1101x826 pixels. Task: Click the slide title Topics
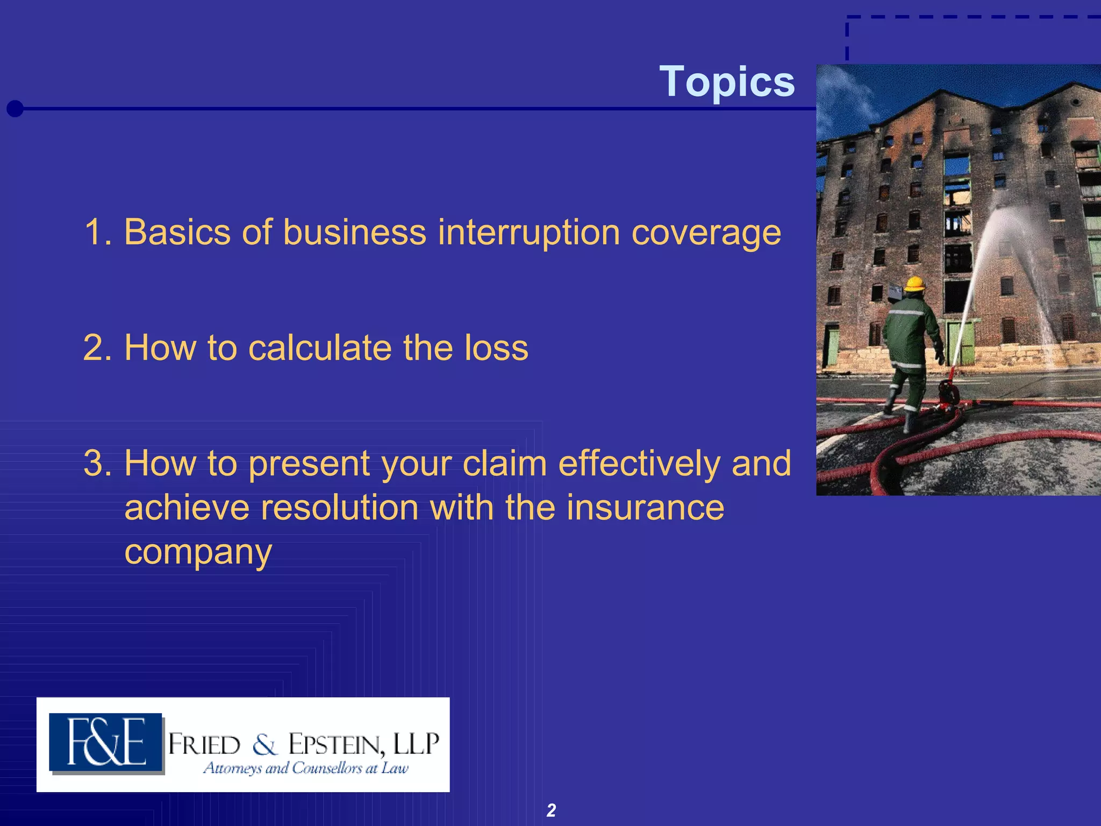tap(727, 82)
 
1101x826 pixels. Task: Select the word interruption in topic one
tap(528, 232)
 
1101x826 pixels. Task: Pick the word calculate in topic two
tap(320, 348)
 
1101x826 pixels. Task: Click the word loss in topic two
tap(496, 348)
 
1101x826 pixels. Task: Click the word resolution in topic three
tap(339, 508)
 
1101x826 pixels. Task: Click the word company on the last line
tap(198, 553)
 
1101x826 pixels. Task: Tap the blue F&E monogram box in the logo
tap(106, 743)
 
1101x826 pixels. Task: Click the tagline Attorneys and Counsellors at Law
tap(305, 768)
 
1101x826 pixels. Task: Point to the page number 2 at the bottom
tap(551, 810)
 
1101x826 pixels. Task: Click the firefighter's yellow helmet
tap(914, 283)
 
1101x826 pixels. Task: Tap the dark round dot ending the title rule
tap(15, 109)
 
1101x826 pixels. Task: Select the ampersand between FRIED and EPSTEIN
tap(264, 745)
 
